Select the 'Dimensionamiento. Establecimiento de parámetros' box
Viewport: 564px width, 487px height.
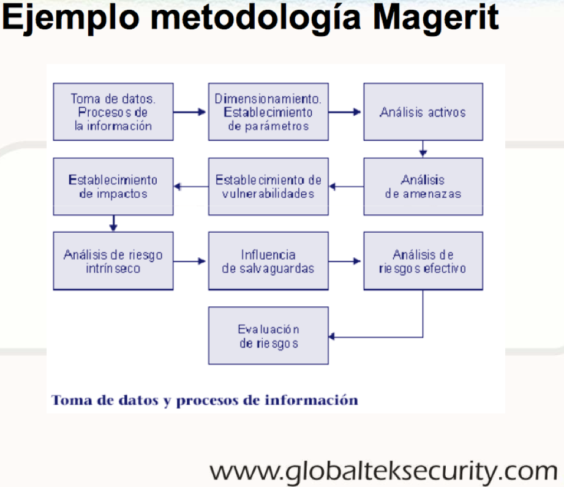pos(268,112)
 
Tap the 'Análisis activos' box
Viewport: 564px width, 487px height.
pos(423,112)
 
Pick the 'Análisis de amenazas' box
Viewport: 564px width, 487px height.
pos(423,187)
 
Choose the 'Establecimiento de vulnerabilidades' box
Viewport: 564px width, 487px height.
pos(268,187)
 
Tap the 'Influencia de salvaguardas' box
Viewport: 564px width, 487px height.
pos(268,261)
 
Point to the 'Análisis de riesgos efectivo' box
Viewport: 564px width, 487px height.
pos(423,261)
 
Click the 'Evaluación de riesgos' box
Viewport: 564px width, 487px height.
pos(268,336)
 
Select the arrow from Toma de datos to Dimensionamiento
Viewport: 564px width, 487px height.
pos(190,112)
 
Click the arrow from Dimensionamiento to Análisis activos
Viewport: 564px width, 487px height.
pos(346,112)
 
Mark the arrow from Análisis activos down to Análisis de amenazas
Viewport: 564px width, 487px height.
pos(423,149)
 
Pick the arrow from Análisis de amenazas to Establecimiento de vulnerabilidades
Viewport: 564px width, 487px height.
pos(346,187)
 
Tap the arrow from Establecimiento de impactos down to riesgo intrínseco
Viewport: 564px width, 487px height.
pos(113,224)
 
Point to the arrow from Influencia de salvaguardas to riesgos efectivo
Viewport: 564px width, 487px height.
pos(346,262)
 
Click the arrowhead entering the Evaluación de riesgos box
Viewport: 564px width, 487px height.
pos(333,336)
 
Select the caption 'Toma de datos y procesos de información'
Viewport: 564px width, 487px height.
pos(205,401)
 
